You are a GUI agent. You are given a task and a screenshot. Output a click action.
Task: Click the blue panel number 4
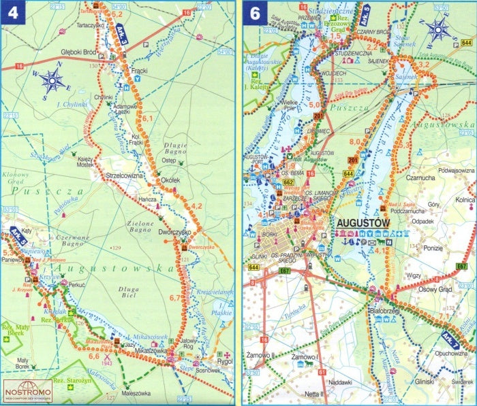pos(12,14)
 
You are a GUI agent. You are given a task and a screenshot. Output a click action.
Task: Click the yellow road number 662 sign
pos(288,182)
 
